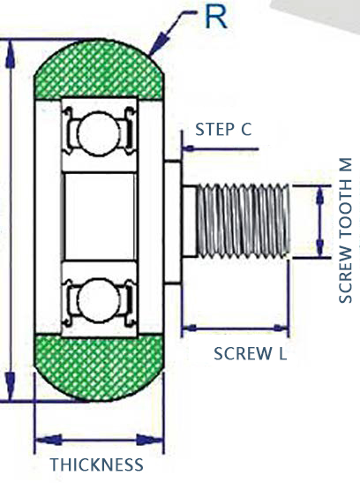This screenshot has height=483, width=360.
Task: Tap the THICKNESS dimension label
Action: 96,464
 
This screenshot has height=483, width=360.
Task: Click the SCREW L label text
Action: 251,353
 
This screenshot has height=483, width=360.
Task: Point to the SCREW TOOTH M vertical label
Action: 345,230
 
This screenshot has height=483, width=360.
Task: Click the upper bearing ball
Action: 99,133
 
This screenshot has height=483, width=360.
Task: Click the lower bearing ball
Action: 99,300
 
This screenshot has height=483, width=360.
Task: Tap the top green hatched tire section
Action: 99,69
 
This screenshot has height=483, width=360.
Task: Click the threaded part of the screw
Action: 243,221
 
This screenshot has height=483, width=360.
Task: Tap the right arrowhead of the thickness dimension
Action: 149,440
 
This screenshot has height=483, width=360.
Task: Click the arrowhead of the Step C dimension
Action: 188,148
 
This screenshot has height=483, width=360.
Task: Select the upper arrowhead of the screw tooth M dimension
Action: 320,195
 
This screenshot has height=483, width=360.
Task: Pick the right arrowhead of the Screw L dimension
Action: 281,328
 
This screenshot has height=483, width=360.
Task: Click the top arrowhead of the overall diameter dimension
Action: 11,55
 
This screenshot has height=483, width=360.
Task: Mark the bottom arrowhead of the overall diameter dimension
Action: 11,386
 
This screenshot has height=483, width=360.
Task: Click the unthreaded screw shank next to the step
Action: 189,221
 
